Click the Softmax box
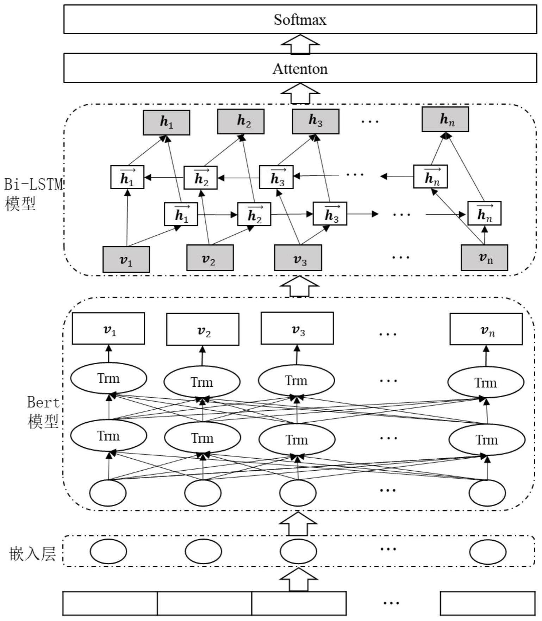(x=300, y=19)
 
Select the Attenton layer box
(x=300, y=68)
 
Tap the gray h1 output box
(x=166, y=122)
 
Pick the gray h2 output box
(x=241, y=122)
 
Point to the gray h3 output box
(x=316, y=121)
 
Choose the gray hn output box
(x=445, y=119)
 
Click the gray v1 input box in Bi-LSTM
(x=126, y=260)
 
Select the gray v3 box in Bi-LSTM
(x=298, y=258)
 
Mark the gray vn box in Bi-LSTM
(x=484, y=258)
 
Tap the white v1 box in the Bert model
(x=108, y=329)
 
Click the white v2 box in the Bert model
(x=203, y=329)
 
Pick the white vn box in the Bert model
(x=486, y=329)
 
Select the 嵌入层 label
(x=32, y=554)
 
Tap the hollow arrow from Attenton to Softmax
(x=300, y=44)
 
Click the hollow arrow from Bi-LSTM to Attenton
(x=300, y=93)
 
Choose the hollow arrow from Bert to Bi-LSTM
(x=299, y=286)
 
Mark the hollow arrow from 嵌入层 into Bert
(x=298, y=523)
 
